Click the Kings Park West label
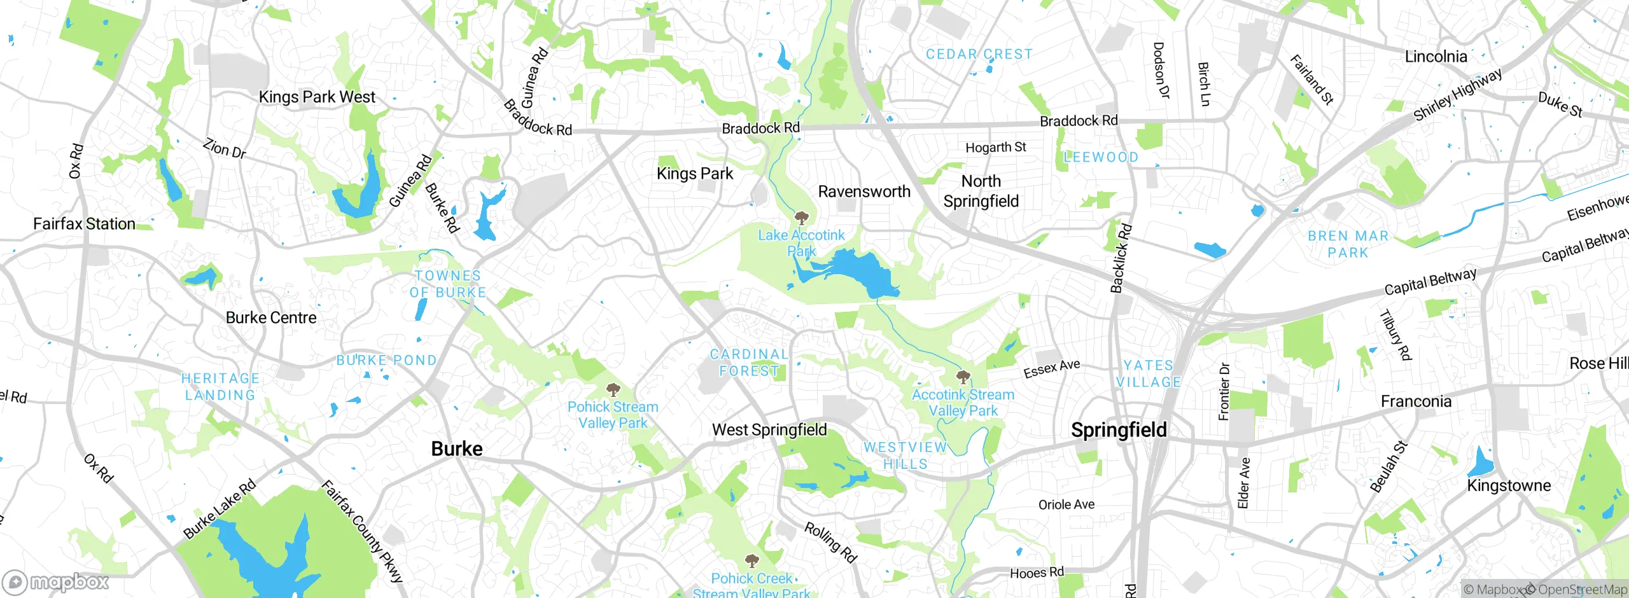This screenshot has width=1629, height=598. coord(317,97)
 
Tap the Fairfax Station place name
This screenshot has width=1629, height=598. coord(84,224)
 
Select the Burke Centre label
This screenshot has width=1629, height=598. coord(271,318)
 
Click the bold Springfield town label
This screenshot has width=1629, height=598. coord(1119,430)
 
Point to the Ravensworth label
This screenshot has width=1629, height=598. coord(864,191)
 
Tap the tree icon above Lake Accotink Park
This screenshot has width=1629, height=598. coord(801,218)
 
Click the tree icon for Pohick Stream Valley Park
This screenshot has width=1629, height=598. coord(613,389)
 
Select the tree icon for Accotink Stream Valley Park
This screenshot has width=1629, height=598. coord(963,377)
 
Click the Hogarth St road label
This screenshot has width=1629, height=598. coord(996,148)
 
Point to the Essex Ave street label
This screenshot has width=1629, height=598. coord(1052,368)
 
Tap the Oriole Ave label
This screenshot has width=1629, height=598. coord(1066,505)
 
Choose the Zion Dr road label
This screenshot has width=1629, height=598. coord(224,148)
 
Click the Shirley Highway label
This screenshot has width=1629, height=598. coord(1457,95)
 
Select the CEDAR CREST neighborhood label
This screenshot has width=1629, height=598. coord(979,55)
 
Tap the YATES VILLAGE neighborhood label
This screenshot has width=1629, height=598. coord(1149,374)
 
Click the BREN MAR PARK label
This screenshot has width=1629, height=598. coord(1348,244)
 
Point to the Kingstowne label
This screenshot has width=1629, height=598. coord(1509,486)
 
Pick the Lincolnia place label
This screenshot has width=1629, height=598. coord(1436,57)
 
